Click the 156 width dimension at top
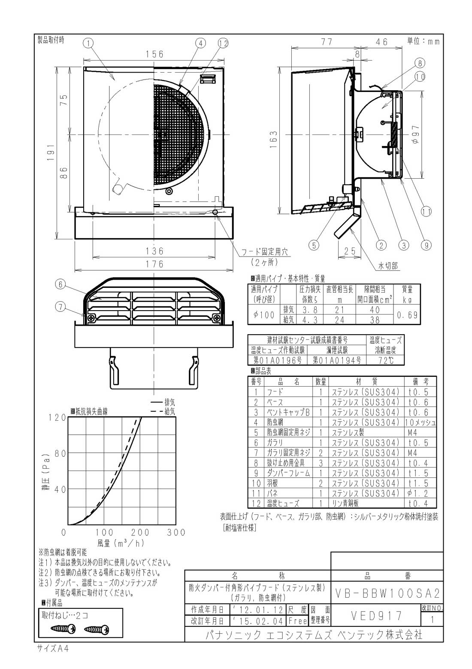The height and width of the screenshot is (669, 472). tap(154, 54)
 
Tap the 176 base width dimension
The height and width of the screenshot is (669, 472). tap(154, 264)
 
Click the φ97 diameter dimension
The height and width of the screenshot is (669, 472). tap(415, 134)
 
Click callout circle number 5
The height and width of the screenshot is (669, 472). tap(314, 245)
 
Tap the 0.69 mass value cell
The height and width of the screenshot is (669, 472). tap(407, 315)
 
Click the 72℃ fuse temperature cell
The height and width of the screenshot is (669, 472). tap(385, 360)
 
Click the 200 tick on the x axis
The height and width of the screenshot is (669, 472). tap(139, 533)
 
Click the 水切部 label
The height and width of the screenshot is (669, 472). tap(387, 266)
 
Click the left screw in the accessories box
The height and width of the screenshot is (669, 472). tap(63, 629)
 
